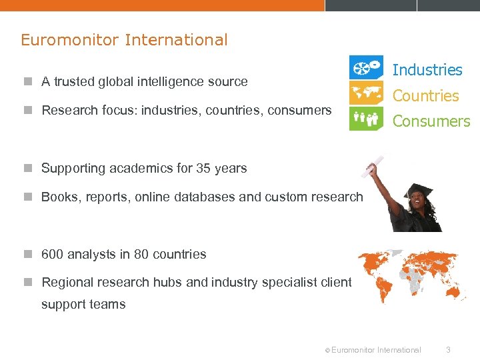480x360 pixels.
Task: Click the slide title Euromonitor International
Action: click(124, 40)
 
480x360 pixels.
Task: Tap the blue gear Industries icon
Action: click(366, 67)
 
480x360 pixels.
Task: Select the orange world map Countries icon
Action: click(366, 93)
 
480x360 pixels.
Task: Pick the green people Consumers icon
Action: click(366, 119)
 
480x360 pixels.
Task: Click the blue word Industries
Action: click(427, 70)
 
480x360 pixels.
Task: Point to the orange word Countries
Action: click(425, 96)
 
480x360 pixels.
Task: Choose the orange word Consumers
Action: click(431, 121)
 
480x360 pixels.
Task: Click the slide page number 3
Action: click(449, 349)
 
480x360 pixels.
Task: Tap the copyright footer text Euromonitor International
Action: click(375, 349)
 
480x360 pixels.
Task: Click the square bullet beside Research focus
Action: click(27, 111)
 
